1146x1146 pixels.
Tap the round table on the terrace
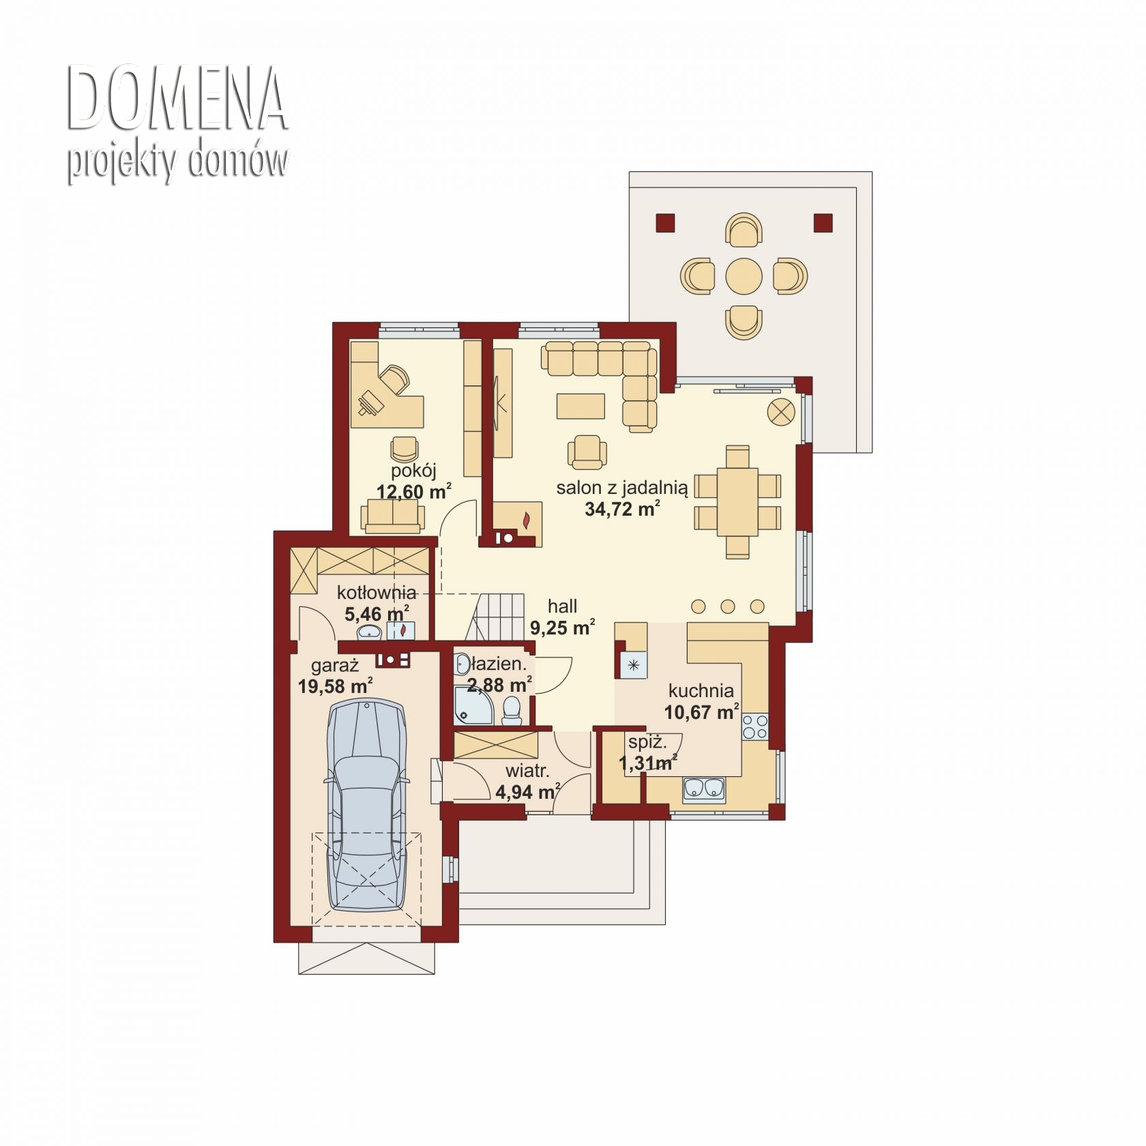(744, 276)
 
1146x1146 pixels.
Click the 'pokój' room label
(413, 471)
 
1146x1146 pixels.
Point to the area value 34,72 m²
(622, 509)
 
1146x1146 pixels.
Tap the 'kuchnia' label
(701, 691)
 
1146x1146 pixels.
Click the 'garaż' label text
(335, 665)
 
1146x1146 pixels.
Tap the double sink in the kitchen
(704, 789)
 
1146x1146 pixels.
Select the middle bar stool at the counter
(728, 606)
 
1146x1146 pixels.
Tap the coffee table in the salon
(581, 406)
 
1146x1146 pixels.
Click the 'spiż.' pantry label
(646, 742)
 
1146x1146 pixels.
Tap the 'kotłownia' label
(377, 593)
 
